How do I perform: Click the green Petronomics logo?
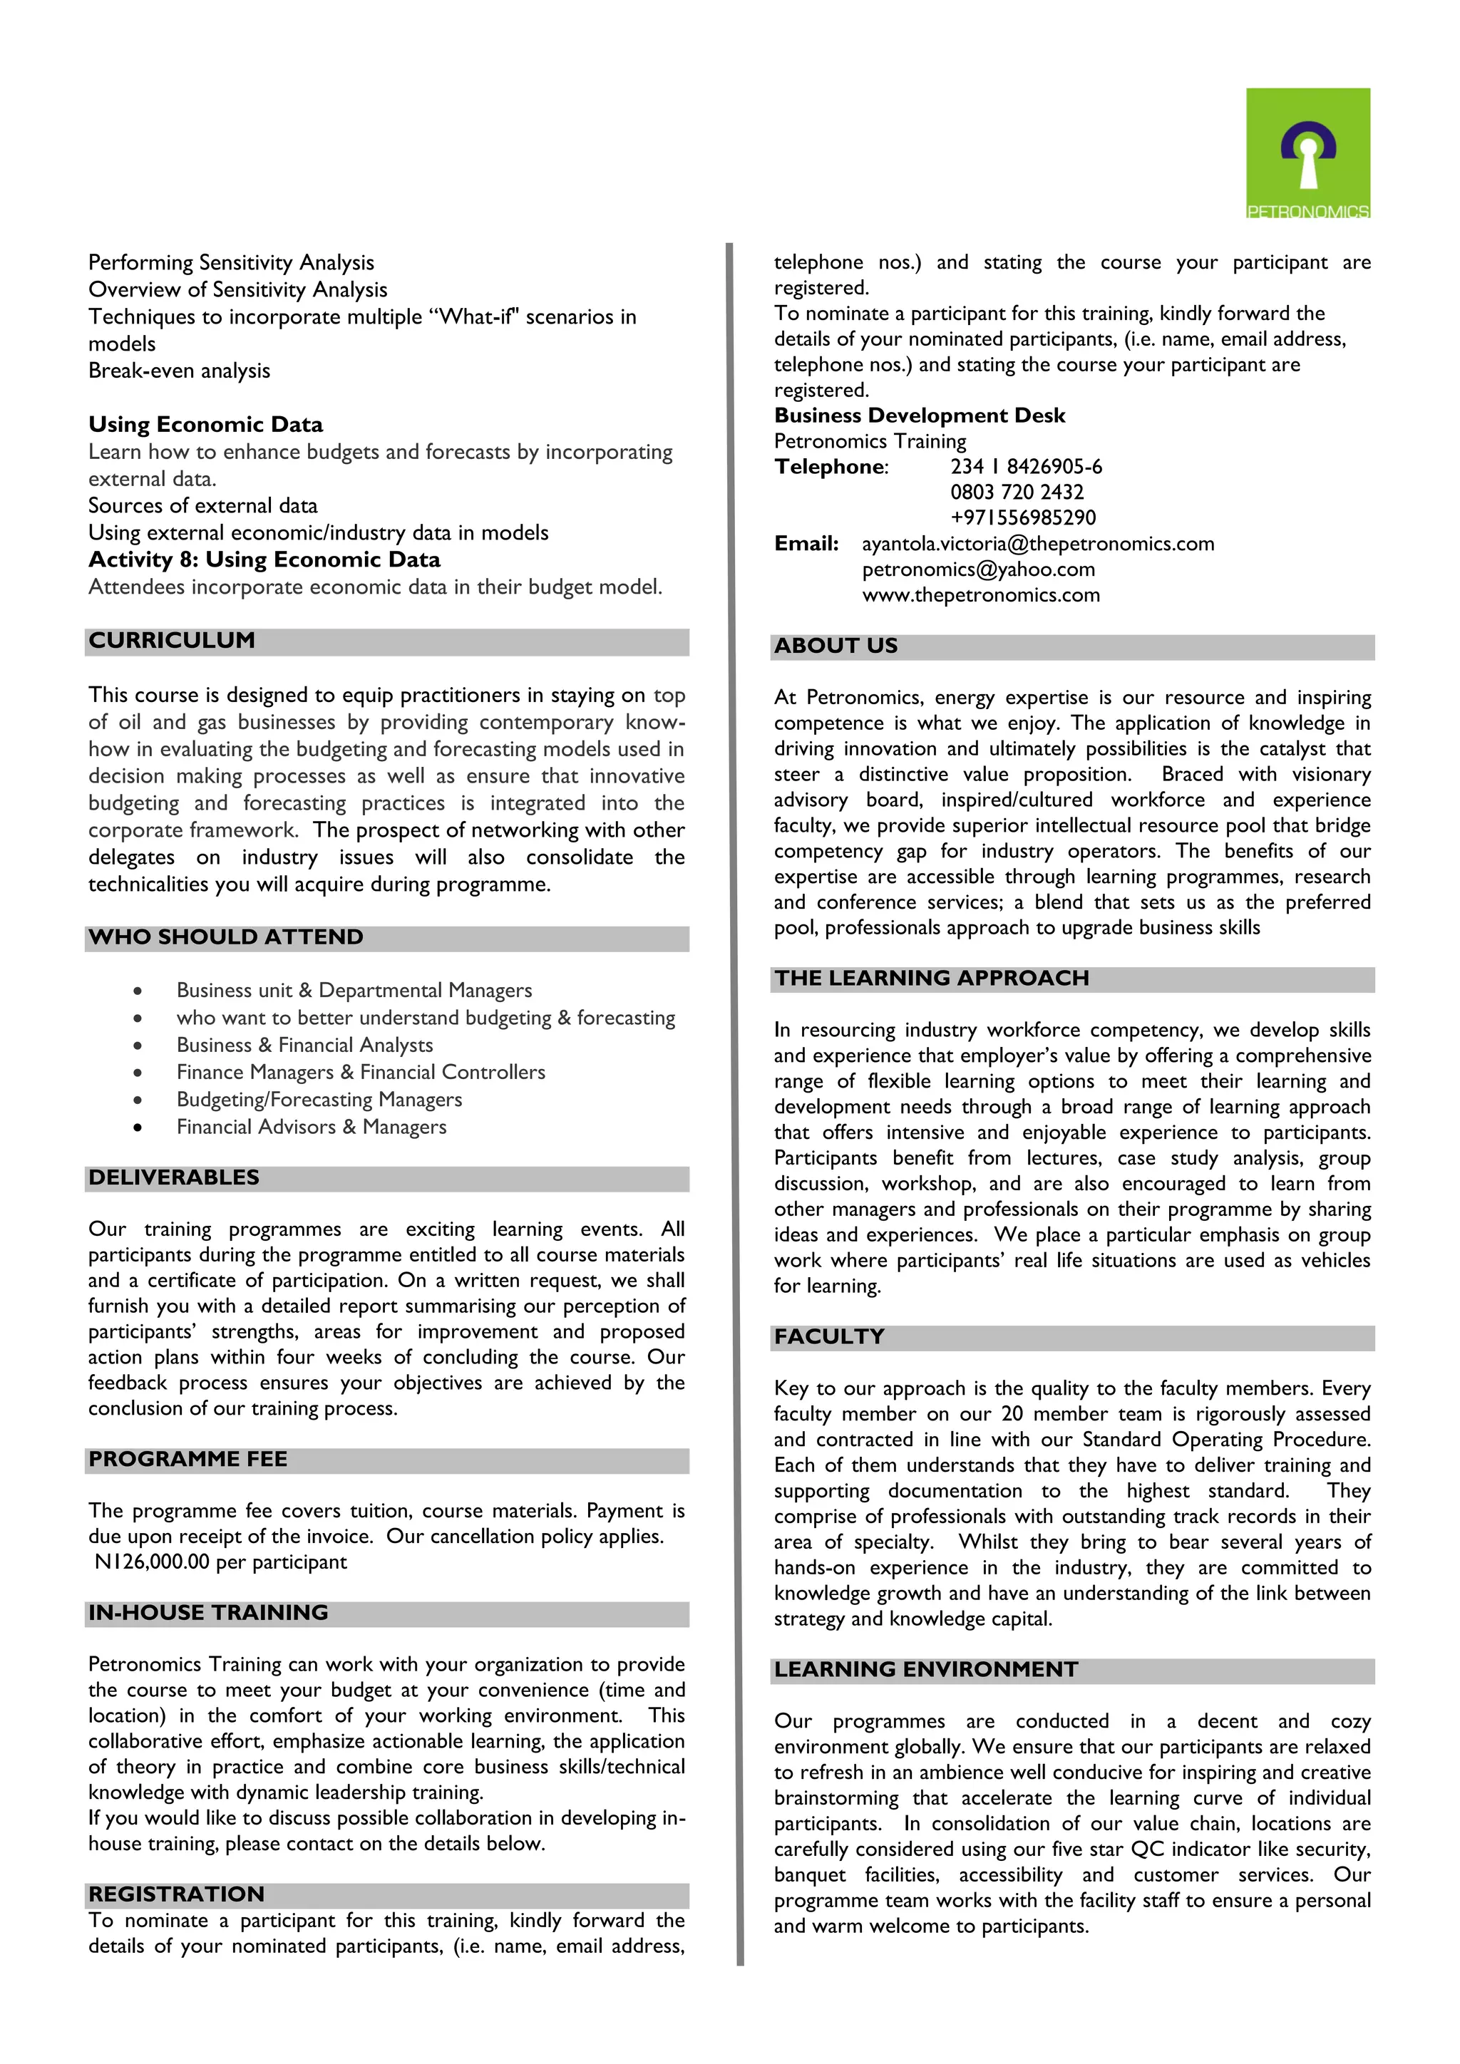coord(1307,153)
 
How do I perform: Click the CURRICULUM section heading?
coord(172,641)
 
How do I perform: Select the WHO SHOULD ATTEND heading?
coord(226,938)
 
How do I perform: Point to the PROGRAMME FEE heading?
coord(188,1459)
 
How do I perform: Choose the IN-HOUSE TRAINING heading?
coord(209,1613)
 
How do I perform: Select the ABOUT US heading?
coord(836,646)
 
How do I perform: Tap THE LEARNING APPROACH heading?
coord(931,978)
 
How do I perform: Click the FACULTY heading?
coord(829,1337)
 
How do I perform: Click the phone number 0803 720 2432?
coord(1017,492)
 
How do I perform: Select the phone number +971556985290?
coord(1023,519)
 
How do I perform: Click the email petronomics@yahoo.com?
coord(978,570)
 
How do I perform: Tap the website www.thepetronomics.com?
coord(981,596)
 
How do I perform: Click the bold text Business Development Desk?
coord(920,416)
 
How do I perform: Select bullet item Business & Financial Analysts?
coord(305,1046)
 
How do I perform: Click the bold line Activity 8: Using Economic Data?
coord(264,560)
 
